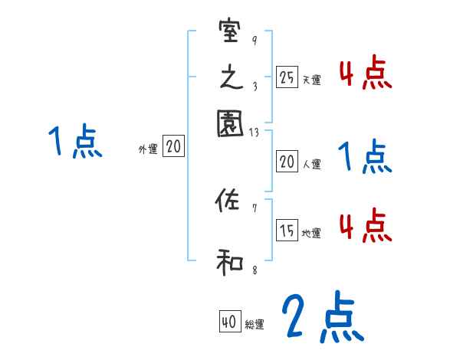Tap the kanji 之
tap(230, 77)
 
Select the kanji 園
tap(230, 122)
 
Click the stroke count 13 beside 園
tap(255, 133)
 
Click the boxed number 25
tap(287, 77)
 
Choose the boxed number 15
tap(287, 231)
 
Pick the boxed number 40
tap(229, 323)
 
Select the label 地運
tap(311, 234)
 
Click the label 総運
tap(255, 326)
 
